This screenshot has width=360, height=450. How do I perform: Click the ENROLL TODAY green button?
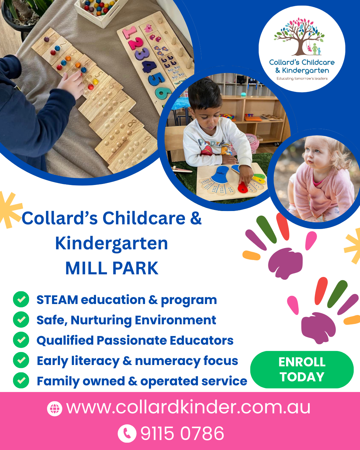coord(302,369)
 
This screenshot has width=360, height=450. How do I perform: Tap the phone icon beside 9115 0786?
coord(127,433)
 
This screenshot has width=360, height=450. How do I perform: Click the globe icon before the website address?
coord(55,408)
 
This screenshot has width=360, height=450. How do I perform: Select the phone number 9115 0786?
coord(182,433)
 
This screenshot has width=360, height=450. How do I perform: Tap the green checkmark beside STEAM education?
coord(21,299)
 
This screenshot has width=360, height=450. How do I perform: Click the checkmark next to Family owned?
coord(21,380)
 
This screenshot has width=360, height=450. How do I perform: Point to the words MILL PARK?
coord(112,268)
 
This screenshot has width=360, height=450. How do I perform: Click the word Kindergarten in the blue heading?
coord(111,244)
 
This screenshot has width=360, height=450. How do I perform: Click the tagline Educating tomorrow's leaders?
coord(302,79)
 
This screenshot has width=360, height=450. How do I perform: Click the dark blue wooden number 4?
coord(149,66)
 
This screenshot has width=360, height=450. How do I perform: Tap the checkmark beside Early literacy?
coord(21,360)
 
